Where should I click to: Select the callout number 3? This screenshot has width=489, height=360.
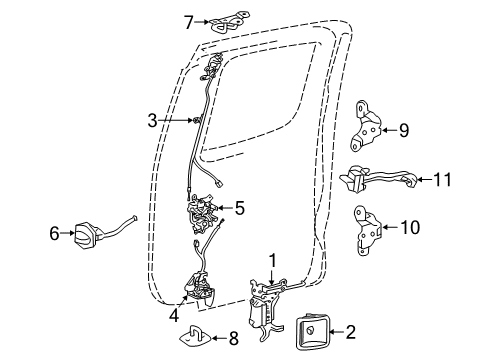152,121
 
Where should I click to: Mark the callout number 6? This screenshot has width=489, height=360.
53,233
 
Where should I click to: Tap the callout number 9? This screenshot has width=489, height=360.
404,128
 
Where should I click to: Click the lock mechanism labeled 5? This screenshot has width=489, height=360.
206,211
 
